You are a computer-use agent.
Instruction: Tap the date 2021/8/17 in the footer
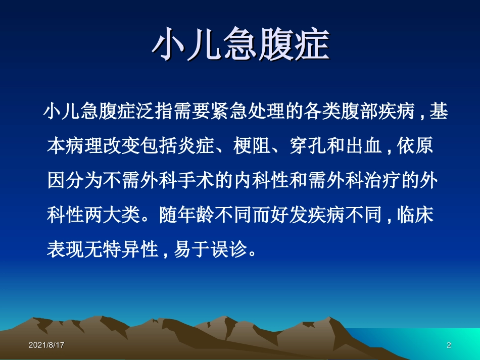point(46,345)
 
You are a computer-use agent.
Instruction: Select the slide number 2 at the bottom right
point(449,345)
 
